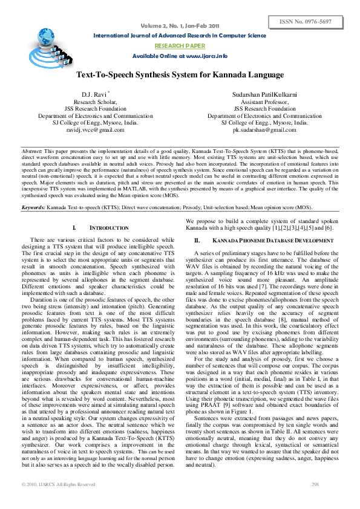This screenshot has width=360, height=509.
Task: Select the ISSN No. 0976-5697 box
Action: (314, 22)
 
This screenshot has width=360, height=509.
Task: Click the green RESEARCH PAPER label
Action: (180, 45)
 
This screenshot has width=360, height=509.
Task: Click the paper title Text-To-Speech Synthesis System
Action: (180, 74)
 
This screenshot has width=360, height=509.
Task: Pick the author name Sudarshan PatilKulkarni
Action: (265, 96)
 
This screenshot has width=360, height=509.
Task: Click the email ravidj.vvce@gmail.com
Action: (96, 129)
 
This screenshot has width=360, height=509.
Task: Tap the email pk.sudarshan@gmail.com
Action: (264, 129)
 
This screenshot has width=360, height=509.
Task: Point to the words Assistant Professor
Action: (264, 102)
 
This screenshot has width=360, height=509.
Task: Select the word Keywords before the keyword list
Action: (33, 207)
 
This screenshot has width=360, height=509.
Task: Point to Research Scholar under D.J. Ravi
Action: (96, 102)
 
